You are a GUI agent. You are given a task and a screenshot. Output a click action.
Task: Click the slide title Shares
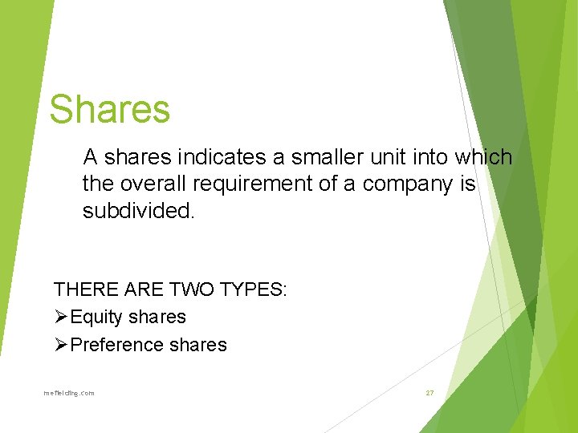[109, 109]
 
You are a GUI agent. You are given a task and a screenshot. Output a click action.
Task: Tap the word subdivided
[138, 211]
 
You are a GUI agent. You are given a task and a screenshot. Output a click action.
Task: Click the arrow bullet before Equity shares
[61, 317]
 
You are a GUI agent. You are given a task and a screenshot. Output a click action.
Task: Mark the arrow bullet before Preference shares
[61, 345]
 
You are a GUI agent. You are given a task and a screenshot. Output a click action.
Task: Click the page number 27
[429, 393]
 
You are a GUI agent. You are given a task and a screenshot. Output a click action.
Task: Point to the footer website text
[69, 393]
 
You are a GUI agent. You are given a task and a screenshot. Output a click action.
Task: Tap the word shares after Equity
[157, 318]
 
